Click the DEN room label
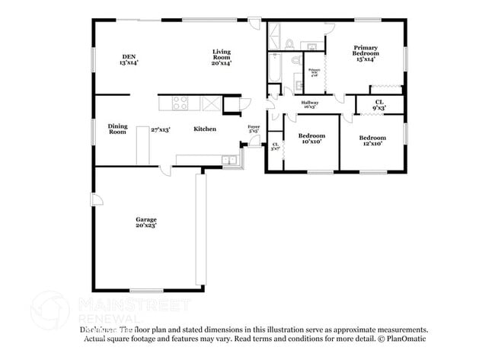(129, 59)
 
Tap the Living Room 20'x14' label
(222, 57)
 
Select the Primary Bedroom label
(365, 54)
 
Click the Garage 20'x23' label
(146, 222)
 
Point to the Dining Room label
(117, 129)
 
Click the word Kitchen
(204, 129)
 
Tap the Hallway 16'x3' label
(310, 104)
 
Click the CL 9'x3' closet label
(378, 104)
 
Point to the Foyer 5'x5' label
(254, 129)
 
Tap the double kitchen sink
(229, 160)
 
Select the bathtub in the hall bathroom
(276, 72)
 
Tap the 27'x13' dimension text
(159, 129)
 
